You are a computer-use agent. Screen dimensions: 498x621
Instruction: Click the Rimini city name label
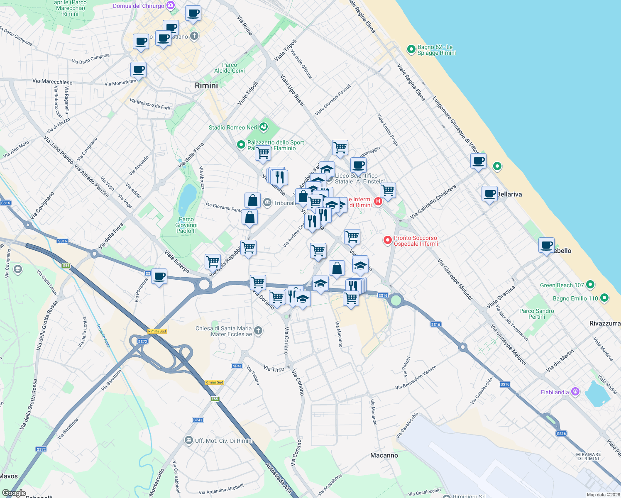(206, 85)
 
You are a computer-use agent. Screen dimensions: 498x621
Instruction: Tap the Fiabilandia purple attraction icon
(575, 391)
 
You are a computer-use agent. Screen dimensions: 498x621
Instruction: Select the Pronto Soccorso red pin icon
(387, 240)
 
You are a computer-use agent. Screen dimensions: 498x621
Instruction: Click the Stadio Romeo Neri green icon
(264, 127)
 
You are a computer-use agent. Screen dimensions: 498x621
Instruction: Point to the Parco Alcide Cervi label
(230, 68)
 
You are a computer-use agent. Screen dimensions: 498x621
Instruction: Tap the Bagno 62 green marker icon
(411, 49)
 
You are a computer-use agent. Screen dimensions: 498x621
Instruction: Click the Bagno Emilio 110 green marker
(604, 298)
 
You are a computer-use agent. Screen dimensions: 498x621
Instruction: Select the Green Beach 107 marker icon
(590, 285)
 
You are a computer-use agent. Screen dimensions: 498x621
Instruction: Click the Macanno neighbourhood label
(384, 455)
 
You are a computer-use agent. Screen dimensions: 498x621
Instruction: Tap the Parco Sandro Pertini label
(536, 314)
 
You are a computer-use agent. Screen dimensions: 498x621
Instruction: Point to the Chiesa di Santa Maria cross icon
(258, 330)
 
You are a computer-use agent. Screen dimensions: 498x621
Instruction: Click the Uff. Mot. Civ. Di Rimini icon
(189, 440)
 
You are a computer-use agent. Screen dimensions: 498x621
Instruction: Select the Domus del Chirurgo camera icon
(170, 5)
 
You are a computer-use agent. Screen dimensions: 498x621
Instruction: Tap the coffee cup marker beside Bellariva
(490, 193)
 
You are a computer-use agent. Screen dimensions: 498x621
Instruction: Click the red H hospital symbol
(378, 202)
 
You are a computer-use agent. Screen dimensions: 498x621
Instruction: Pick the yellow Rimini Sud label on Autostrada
(214, 382)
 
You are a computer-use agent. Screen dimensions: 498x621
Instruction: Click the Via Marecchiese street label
(52, 81)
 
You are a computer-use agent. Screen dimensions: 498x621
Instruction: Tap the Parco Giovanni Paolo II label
(186, 225)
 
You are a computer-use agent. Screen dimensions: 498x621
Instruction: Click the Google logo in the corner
(14, 493)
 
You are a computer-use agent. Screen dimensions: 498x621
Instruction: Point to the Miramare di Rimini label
(589, 456)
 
